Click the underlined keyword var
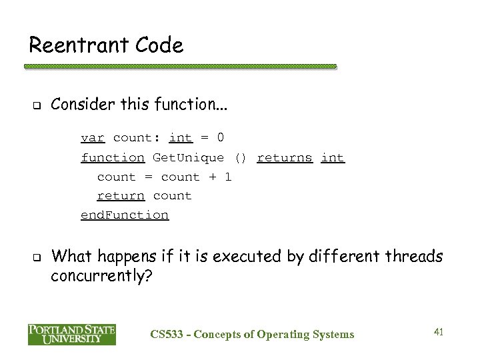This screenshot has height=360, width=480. [x=93, y=138]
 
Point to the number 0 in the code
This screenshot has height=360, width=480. [x=221, y=138]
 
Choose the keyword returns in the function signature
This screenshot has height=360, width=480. [x=284, y=158]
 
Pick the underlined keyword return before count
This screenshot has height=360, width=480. [x=121, y=196]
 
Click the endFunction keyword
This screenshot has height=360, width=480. [x=125, y=215]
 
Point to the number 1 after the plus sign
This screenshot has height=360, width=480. [x=228, y=177]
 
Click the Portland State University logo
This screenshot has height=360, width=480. [x=71, y=334]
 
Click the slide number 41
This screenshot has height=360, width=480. [x=438, y=332]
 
